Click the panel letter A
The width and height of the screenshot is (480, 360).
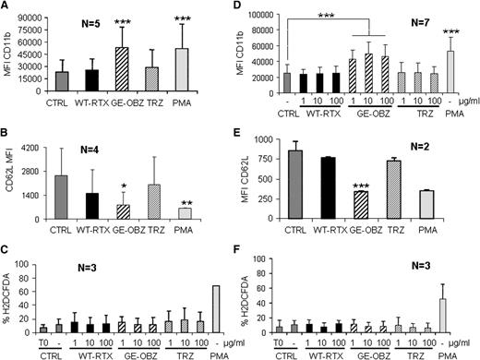coord(7,7)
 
